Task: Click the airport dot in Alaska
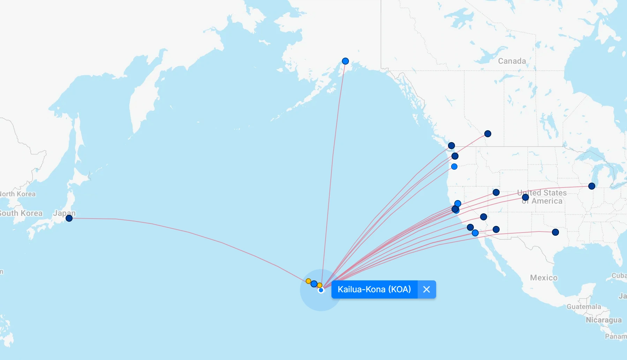345,61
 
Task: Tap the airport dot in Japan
69,218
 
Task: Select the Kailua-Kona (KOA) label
374,289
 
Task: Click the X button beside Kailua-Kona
426,289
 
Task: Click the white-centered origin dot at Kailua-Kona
321,290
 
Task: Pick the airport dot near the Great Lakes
592,186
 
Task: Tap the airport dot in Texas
555,232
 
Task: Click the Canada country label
512,61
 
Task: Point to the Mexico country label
544,278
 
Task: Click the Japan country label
64,213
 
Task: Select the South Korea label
21,213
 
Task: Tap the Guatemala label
584,307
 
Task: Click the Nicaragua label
604,320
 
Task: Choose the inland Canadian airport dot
488,134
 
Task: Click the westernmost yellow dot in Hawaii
308,281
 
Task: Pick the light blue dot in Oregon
454,167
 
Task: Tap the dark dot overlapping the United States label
525,197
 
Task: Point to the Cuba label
619,275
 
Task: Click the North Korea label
17,194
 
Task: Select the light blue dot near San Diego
475,233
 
